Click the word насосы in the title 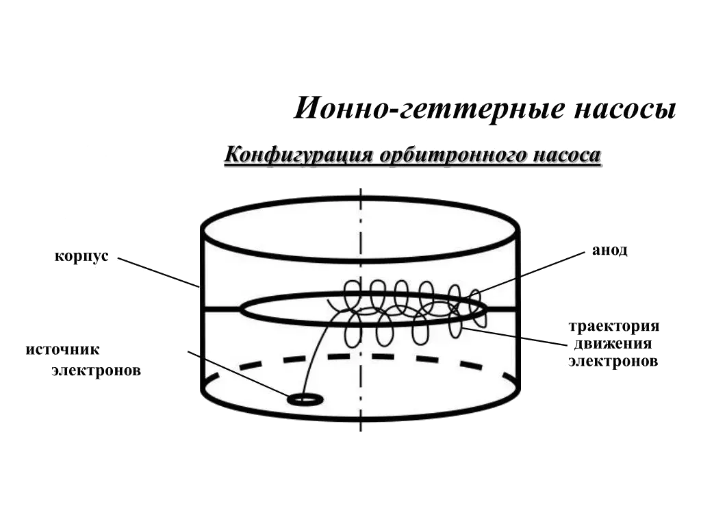tap(624, 109)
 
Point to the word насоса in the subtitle tap(569, 155)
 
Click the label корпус tap(81, 258)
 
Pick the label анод tap(610, 251)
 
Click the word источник tap(64, 350)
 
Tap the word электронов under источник tap(97, 371)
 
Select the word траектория tap(614, 326)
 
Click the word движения tap(609, 343)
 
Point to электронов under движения tap(612, 361)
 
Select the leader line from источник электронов tap(240, 375)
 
